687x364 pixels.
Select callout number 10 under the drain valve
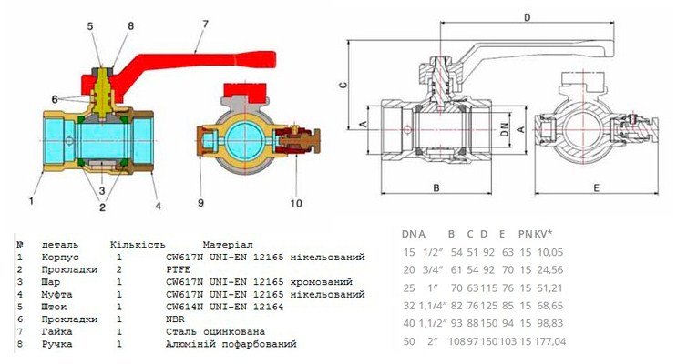point(295,203)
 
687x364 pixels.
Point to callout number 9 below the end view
point(200,202)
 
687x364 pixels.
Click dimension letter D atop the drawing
point(528,16)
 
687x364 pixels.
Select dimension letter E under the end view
point(594,188)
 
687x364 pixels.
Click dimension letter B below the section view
point(436,188)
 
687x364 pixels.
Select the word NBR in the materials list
point(176,319)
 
